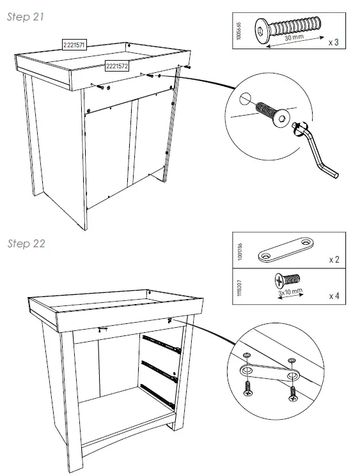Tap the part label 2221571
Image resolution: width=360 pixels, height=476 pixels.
coord(75,44)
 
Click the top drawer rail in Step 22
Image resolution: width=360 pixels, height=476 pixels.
coord(162,343)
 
